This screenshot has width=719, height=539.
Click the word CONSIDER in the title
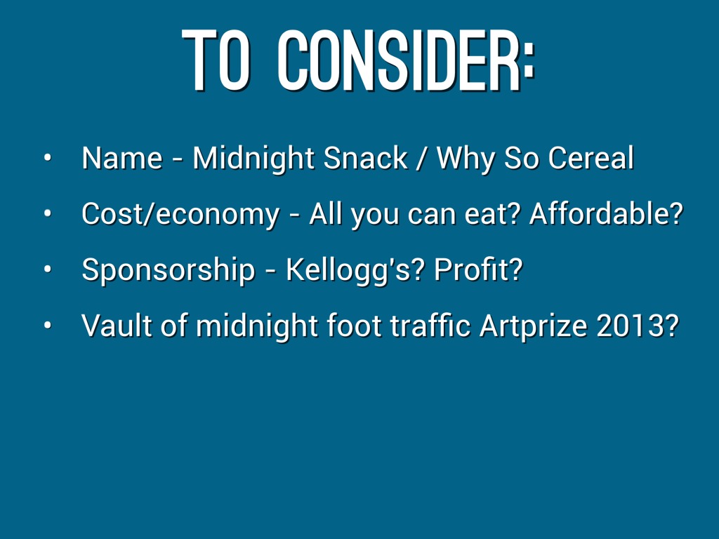pos(400,60)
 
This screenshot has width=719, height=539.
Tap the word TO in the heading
pos(216,60)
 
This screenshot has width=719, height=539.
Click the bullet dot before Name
pos(47,158)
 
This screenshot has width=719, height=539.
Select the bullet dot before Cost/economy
pos(47,213)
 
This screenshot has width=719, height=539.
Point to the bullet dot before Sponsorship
pos(47,269)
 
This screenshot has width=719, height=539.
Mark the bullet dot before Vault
pos(47,326)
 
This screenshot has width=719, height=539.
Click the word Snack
pos(365,158)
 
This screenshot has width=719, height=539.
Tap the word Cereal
pos(591,158)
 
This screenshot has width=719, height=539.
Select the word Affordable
pos(601,213)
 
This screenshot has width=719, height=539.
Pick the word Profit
pos(473,269)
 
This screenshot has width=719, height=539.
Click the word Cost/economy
pos(180,215)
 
